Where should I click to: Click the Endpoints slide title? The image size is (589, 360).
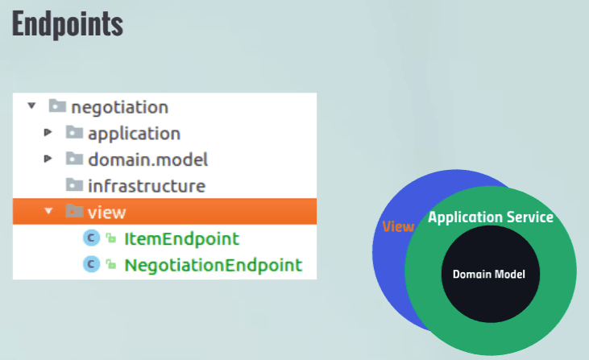pyautogui.click(x=68, y=24)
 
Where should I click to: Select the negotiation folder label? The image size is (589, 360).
pyautogui.click(x=120, y=108)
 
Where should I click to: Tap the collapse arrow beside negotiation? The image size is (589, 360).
pyautogui.click(x=32, y=106)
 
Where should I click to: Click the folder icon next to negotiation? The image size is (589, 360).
pyautogui.click(x=57, y=106)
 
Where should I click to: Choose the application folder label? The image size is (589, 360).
pyautogui.click(x=134, y=134)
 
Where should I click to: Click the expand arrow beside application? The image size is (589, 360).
pyautogui.click(x=48, y=132)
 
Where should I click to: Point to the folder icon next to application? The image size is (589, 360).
pyautogui.click(x=74, y=132)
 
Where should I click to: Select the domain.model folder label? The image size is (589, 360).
pyautogui.click(x=147, y=159)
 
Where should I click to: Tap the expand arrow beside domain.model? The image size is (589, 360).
pyautogui.click(x=48, y=159)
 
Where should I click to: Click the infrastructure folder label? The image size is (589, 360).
pyautogui.click(x=147, y=186)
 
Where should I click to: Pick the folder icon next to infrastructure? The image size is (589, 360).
pyautogui.click(x=74, y=184)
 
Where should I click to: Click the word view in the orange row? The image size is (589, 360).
pyautogui.click(x=106, y=213)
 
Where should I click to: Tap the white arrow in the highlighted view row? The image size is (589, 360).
pyautogui.click(x=48, y=211)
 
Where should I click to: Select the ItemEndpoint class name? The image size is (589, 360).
pyautogui.click(x=181, y=238)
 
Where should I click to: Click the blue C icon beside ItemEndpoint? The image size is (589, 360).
pyautogui.click(x=91, y=238)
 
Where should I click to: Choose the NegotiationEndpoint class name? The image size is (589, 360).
pyautogui.click(x=214, y=265)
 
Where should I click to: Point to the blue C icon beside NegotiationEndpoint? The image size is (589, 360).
pyautogui.click(x=91, y=264)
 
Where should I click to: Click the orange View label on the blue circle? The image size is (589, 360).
pyautogui.click(x=398, y=226)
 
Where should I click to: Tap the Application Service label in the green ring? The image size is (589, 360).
pyautogui.click(x=491, y=217)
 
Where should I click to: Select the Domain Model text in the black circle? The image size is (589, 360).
pyautogui.click(x=489, y=275)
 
